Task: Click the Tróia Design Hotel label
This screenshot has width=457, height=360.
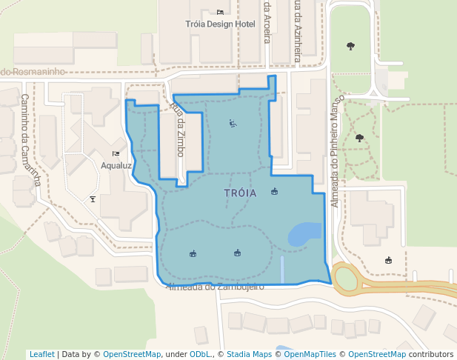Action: pos(219,24)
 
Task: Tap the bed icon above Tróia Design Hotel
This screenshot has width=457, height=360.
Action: pos(220,12)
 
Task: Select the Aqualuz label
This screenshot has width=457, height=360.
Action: pos(116,165)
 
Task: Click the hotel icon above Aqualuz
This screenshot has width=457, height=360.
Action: pos(116,154)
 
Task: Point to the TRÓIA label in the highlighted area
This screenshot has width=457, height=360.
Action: pos(240,193)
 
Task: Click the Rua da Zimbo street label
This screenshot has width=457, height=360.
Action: pos(178,129)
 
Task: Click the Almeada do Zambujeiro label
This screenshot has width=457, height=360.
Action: pos(216,287)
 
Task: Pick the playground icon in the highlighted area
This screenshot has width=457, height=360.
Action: pos(233,123)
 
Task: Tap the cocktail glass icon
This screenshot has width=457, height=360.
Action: pos(93,199)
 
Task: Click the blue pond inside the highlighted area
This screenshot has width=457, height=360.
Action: pos(304,234)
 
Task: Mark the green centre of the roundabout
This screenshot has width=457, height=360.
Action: pos(346,279)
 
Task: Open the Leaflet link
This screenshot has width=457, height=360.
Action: pos(42,354)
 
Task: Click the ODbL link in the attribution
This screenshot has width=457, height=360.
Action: pos(199,354)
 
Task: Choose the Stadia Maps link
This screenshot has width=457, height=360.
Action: pos(249,354)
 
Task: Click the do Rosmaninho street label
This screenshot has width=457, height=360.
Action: pos(33,71)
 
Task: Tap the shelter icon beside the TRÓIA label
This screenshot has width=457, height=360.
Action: pos(275,192)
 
